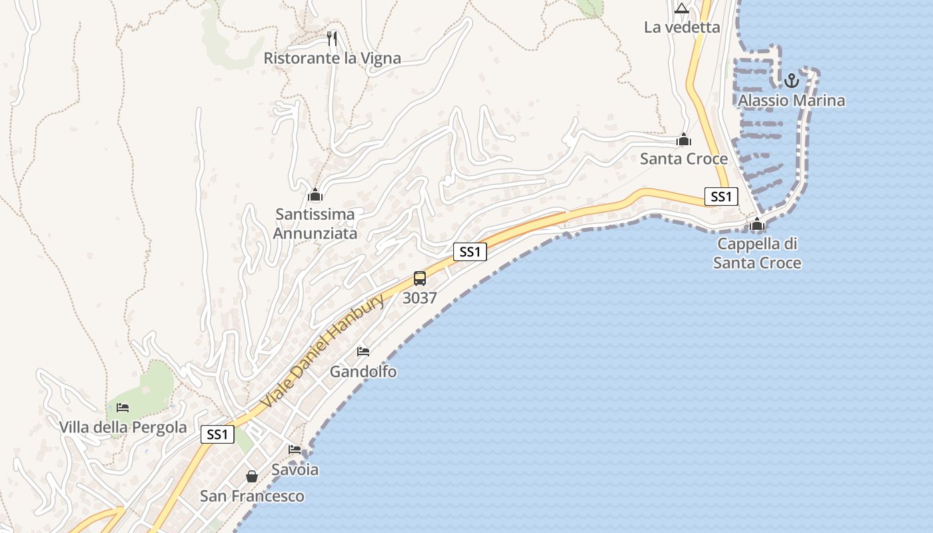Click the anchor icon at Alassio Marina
tap(791, 81)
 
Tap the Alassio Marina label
tap(791, 101)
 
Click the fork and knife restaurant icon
tap(333, 39)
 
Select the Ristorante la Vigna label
tap(332, 59)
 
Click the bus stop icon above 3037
tap(420, 278)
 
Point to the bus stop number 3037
tap(420, 298)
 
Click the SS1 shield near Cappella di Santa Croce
tap(721, 197)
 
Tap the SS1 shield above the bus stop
tap(470, 252)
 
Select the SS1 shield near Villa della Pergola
tap(217, 435)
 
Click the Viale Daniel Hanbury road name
tap(323, 352)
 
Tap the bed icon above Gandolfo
tap(363, 352)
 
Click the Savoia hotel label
tap(295, 470)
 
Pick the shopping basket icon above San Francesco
tap(252, 476)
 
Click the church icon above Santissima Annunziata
tap(315, 195)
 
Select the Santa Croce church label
tap(684, 159)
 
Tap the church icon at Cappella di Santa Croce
tap(757, 225)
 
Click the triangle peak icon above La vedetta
tap(681, 9)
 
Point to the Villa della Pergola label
tap(123, 428)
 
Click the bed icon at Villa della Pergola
tap(123, 408)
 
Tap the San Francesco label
tap(252, 496)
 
